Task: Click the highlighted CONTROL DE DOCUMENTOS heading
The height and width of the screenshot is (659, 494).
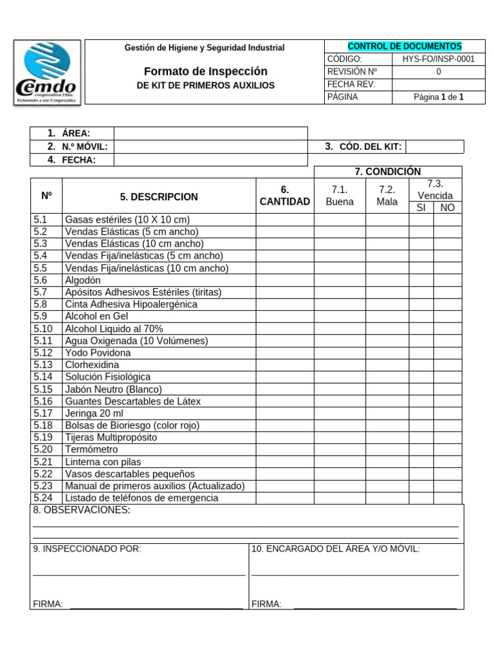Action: click(405, 46)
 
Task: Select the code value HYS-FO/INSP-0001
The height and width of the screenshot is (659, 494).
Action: click(438, 59)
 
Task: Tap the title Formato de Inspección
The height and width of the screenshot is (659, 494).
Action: click(205, 71)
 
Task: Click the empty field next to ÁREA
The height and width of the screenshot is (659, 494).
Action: click(210, 133)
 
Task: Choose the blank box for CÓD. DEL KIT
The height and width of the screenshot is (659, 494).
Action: click(434, 147)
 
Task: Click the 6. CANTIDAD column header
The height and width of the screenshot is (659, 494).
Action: click(284, 196)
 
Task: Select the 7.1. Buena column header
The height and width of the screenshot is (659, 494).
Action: click(340, 196)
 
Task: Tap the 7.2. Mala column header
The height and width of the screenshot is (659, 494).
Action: click(387, 196)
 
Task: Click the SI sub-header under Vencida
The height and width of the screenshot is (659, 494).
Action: click(421, 207)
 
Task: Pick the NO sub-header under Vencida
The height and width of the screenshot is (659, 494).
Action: click(447, 207)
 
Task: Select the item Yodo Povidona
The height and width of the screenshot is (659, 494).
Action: click(98, 353)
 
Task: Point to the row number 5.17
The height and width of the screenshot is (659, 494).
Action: click(43, 413)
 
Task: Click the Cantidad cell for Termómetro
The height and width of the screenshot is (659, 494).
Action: click(284, 449)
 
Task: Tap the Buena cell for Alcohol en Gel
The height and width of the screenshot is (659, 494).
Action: click(340, 316)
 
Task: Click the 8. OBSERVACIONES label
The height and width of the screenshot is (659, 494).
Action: click(82, 510)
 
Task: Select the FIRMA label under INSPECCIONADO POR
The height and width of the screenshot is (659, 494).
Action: click(48, 604)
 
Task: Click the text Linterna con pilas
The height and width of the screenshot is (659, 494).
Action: click(103, 461)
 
